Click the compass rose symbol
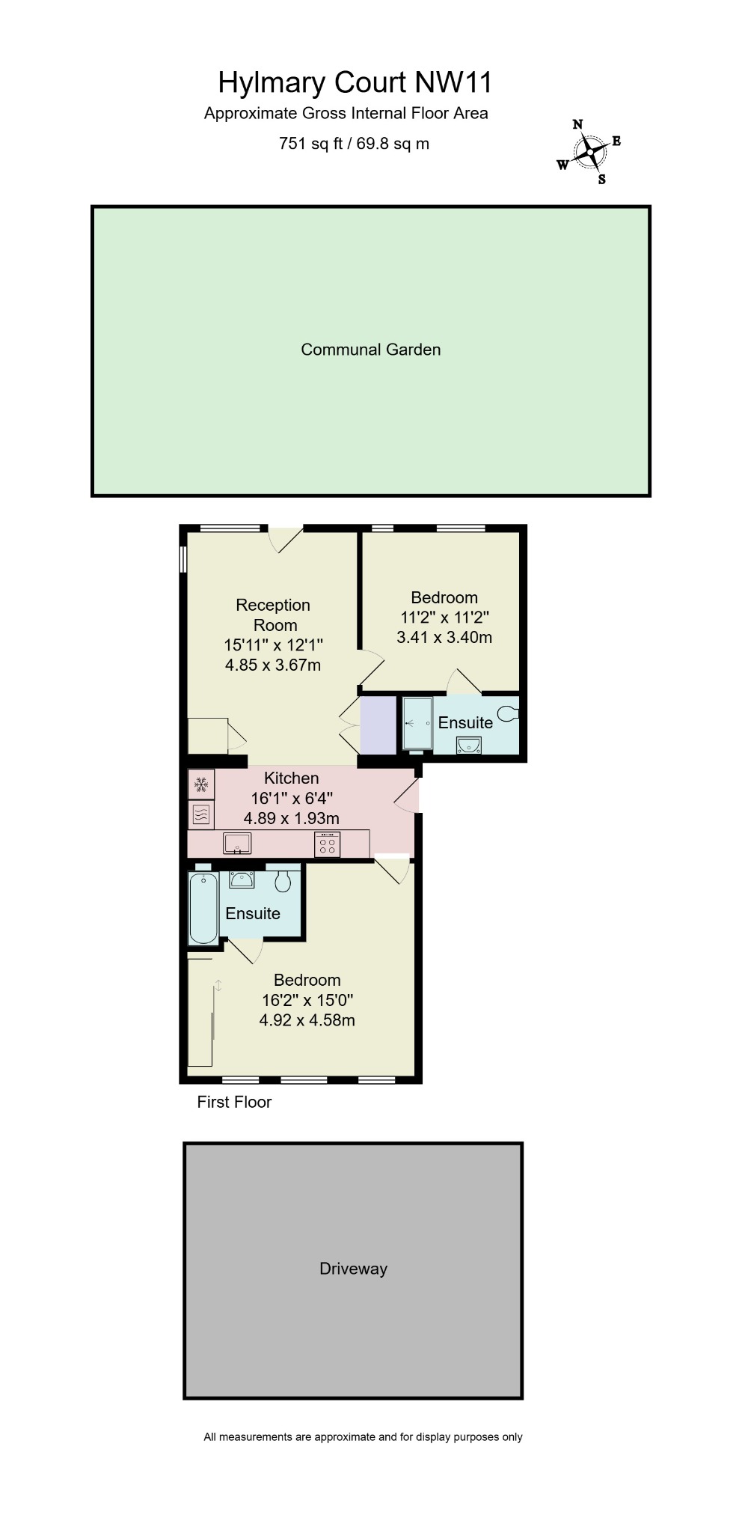(590, 153)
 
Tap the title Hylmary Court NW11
(355, 82)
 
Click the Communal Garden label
(370, 350)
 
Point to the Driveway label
(353, 1268)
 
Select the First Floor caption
(234, 1102)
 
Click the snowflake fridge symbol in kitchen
(200, 784)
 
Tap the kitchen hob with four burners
(328, 844)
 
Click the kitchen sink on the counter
(237, 844)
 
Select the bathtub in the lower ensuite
(203, 906)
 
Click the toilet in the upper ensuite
(509, 713)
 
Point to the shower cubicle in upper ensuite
(417, 723)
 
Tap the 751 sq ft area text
(354, 143)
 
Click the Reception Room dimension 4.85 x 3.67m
(273, 665)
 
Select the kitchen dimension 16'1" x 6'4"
(292, 798)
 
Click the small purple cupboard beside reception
(378, 725)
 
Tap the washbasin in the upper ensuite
(470, 745)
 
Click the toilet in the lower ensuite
(283, 882)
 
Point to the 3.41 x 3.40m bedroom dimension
(444, 637)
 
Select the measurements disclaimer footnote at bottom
(363, 1436)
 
